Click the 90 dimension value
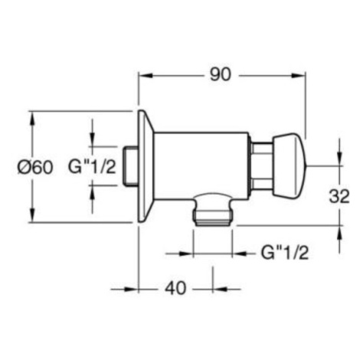tap(220, 75)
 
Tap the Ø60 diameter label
tap(35, 168)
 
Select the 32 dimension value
tap(339, 196)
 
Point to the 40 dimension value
tap(175, 289)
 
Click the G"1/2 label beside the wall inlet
tap(92, 167)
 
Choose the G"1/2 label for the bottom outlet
tap(285, 253)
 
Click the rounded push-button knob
tap(290, 166)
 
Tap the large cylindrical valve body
tap(201, 165)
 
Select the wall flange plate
tap(146, 166)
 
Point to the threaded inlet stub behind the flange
tap(130, 166)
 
